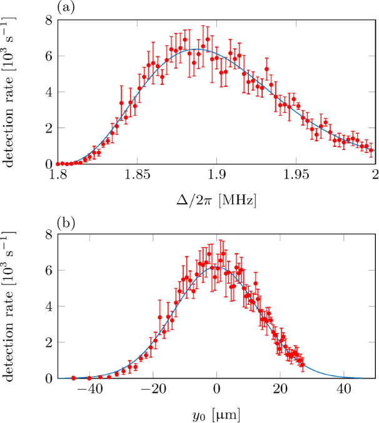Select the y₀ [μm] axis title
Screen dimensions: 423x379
tap(216, 413)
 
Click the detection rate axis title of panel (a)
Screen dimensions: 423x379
tap(11, 92)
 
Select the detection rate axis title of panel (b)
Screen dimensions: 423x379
tap(11, 307)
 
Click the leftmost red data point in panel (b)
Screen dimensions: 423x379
tap(74, 377)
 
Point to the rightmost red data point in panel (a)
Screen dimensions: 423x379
tap(371, 151)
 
